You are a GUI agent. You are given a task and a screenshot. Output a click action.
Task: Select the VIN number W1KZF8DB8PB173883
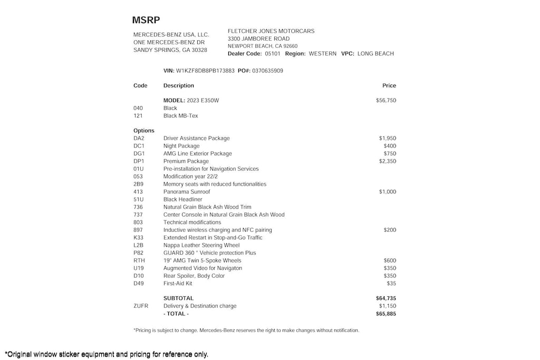(205, 71)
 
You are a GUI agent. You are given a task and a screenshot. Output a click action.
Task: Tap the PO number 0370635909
(267, 71)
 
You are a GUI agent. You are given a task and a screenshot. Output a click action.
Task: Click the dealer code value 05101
(273, 54)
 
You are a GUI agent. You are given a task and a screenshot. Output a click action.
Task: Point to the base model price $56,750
(386, 100)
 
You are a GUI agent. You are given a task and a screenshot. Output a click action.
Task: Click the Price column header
(389, 85)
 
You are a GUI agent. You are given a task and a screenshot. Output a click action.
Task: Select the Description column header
(179, 85)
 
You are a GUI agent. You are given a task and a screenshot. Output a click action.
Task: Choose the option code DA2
(139, 138)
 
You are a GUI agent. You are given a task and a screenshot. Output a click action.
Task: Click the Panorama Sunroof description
(187, 192)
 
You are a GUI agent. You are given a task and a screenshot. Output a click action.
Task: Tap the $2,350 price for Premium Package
(387, 161)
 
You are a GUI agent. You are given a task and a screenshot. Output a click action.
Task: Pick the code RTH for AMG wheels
(139, 260)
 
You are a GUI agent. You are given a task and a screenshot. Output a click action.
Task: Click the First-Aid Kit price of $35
(391, 284)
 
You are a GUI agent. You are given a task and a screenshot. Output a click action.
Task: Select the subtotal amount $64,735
(386, 298)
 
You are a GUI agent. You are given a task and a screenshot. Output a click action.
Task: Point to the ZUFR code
(141, 306)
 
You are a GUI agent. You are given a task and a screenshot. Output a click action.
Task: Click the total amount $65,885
(386, 314)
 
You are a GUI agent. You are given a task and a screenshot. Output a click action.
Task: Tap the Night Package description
(181, 146)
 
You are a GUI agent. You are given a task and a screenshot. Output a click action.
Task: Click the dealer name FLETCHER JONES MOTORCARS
(271, 31)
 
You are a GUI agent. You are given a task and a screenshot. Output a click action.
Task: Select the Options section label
(144, 131)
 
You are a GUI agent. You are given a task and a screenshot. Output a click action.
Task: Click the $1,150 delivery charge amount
(388, 306)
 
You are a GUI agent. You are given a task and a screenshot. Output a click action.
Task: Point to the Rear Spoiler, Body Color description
(194, 276)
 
